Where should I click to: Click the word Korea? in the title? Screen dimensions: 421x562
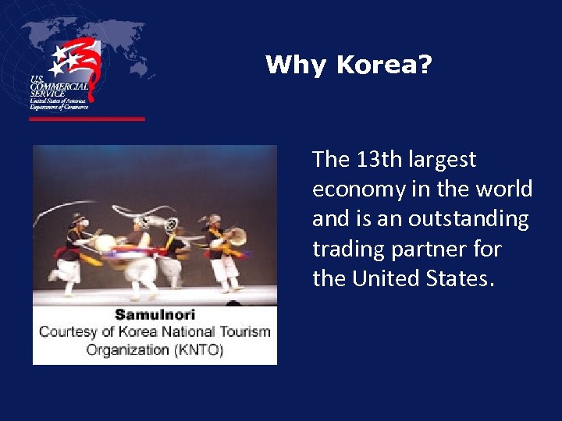(x=384, y=65)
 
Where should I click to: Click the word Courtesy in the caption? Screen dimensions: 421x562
(x=69, y=331)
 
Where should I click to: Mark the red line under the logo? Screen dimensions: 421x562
(x=87, y=119)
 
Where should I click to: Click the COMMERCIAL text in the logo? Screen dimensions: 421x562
(x=59, y=87)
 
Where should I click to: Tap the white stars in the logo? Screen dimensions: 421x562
(x=64, y=58)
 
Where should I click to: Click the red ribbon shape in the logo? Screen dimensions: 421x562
(x=89, y=66)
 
